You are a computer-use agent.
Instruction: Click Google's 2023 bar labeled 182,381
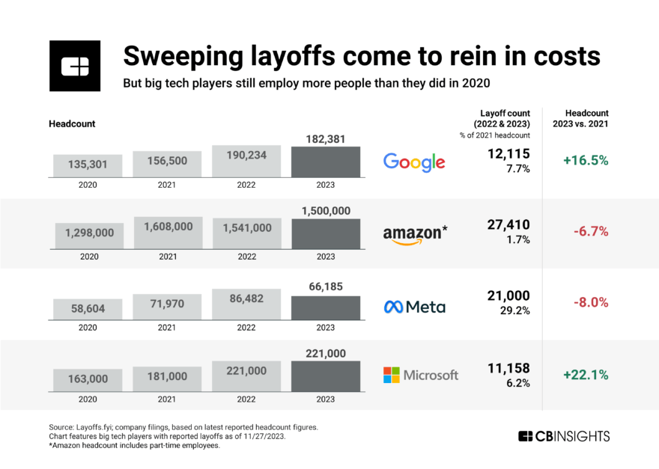point(326,162)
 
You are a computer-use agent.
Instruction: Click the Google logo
point(414,162)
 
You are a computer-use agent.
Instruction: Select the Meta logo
point(415,307)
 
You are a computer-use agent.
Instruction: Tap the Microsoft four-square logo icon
point(392,375)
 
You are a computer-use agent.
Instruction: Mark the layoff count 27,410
point(508,224)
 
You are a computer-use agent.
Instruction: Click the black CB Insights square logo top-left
point(74,66)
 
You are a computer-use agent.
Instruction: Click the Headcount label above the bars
point(72,123)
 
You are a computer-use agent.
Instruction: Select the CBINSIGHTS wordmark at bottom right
point(563,436)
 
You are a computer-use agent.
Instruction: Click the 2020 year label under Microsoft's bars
point(88,400)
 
